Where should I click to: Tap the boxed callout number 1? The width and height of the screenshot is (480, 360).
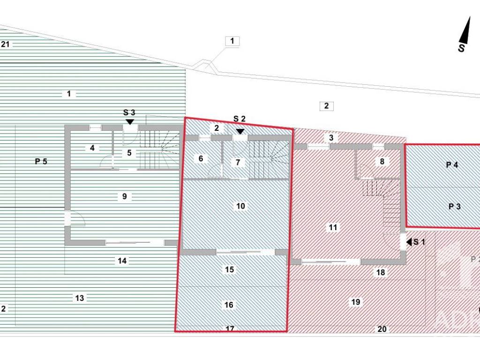[x=232, y=41]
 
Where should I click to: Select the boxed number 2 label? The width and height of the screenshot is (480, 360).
[x=326, y=105]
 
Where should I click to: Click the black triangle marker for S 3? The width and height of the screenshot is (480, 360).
[x=130, y=121]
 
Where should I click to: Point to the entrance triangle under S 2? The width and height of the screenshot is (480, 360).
[x=240, y=132]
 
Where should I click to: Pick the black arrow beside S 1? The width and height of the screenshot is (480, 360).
[x=409, y=242]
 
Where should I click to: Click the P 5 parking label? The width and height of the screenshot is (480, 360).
[x=41, y=161]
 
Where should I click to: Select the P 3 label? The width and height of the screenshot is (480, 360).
[x=454, y=206]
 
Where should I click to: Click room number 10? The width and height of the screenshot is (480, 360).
[x=240, y=206]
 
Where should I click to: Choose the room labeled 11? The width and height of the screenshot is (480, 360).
[x=333, y=227]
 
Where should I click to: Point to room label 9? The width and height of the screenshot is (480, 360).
[x=124, y=196]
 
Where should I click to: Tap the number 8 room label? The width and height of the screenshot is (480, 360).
[x=382, y=161]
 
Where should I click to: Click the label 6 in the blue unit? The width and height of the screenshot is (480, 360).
[x=201, y=158]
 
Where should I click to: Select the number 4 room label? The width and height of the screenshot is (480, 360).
[x=92, y=148]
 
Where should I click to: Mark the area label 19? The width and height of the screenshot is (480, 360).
[x=355, y=302]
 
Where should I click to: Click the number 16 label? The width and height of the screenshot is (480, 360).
[x=229, y=305]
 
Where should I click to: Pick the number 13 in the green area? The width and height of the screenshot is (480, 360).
[x=80, y=298]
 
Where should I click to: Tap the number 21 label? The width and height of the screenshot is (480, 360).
[x=6, y=45]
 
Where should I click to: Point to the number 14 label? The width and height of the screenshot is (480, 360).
[x=122, y=261]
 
